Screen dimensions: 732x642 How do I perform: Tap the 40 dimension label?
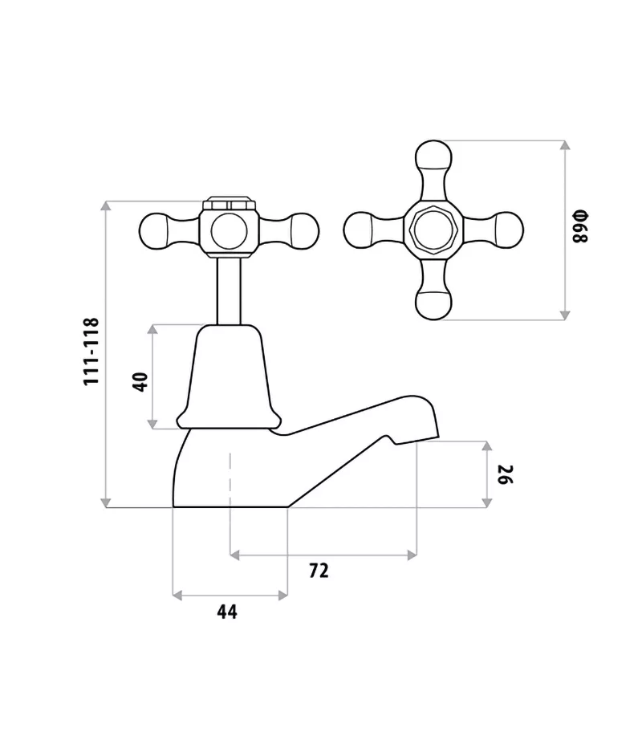[140, 380]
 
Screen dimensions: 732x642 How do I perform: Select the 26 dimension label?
[505, 474]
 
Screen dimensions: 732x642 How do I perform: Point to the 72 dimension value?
[319, 571]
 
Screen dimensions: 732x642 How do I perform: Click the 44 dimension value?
[227, 612]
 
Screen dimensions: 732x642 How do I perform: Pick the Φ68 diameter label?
[580, 228]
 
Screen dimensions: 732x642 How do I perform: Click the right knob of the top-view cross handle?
[507, 230]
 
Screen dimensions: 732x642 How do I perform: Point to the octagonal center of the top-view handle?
[433, 230]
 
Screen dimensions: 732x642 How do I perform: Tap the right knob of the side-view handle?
[303, 231]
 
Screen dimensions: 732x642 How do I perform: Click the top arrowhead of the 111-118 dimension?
[107, 206]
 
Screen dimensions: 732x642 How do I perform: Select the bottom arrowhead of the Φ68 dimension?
[565, 315]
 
